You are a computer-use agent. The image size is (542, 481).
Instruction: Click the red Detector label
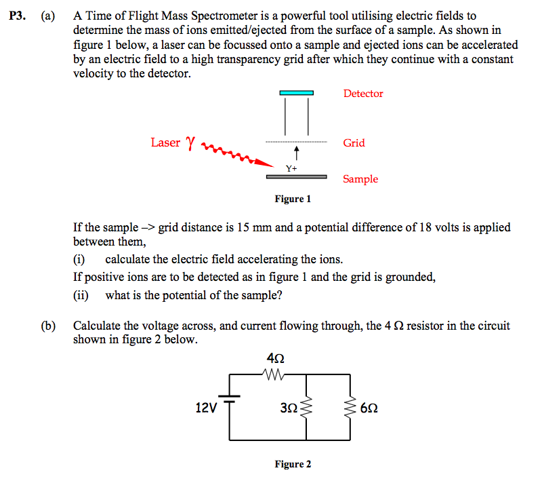point(362,94)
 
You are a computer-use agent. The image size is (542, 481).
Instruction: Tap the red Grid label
point(354,142)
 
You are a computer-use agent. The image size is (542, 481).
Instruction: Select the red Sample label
point(360,179)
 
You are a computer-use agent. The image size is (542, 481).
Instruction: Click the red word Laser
point(165,142)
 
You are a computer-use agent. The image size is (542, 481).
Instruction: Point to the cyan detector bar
point(297,93)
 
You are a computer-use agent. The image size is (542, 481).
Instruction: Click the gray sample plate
point(296,177)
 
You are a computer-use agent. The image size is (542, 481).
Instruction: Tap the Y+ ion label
point(291,168)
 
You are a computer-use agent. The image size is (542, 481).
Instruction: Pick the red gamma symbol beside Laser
point(190,142)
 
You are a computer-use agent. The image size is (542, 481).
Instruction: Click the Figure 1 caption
point(293,199)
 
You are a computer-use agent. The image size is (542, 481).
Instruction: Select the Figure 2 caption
point(293,464)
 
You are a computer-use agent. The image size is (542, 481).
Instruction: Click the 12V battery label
point(206,408)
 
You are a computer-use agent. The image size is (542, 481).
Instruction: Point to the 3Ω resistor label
point(288,408)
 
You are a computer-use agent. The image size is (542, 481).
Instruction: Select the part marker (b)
point(48,326)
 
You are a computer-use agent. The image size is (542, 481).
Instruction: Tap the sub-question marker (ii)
point(81,295)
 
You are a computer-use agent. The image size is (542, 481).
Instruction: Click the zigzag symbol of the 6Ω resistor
point(351,408)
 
